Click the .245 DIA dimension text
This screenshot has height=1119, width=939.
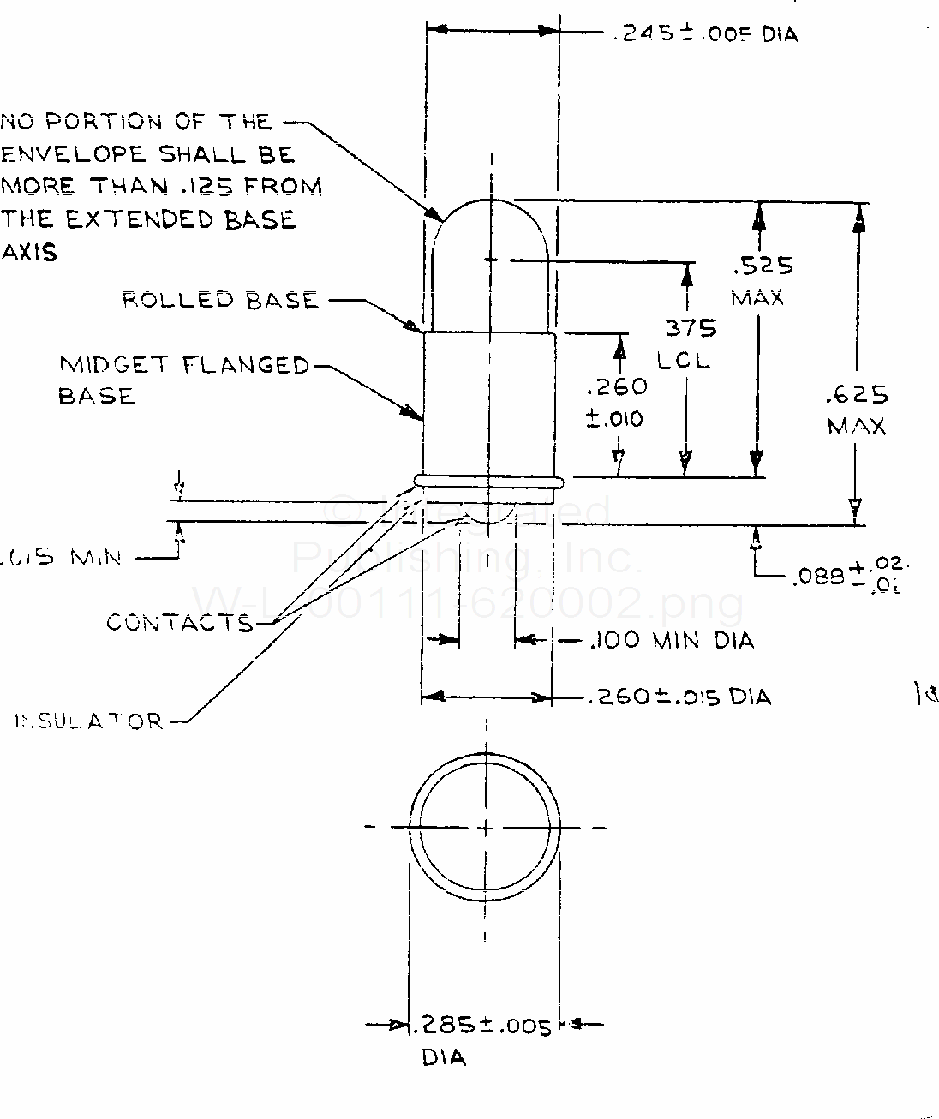[704, 33]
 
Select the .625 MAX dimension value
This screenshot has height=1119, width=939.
[856, 410]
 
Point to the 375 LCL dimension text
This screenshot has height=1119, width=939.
[687, 343]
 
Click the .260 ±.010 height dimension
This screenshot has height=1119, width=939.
[615, 402]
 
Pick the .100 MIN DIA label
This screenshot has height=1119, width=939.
[672, 640]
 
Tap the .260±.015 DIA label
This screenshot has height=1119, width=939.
[679, 697]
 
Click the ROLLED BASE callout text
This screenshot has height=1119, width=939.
[220, 300]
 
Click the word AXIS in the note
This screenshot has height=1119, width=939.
[29, 253]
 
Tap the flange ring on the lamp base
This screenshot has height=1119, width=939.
[488, 482]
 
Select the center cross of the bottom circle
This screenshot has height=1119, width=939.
[486, 828]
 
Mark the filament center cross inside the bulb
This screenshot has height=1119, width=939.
[489, 258]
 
